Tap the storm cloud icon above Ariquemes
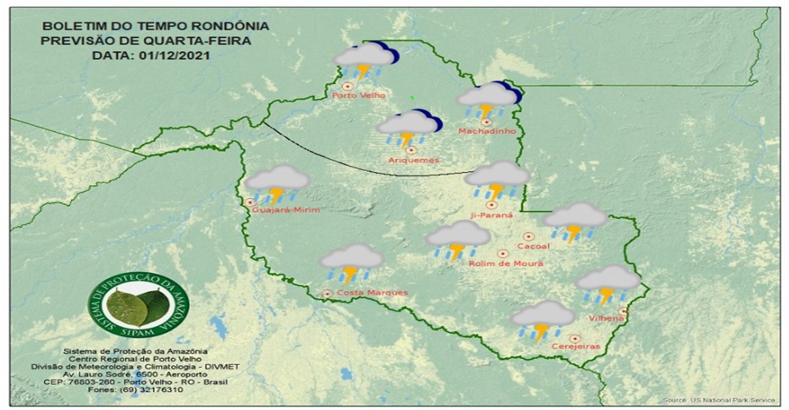(x=408, y=127)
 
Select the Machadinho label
(x=487, y=131)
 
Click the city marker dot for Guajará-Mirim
(x=250, y=202)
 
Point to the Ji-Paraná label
(x=487, y=214)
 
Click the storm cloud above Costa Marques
(x=351, y=262)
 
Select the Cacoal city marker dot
(x=528, y=236)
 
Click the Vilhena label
(x=607, y=319)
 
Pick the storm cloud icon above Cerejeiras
(x=542, y=319)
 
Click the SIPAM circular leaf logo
(x=138, y=305)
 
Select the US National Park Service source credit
(x=723, y=399)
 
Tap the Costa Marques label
(x=372, y=292)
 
